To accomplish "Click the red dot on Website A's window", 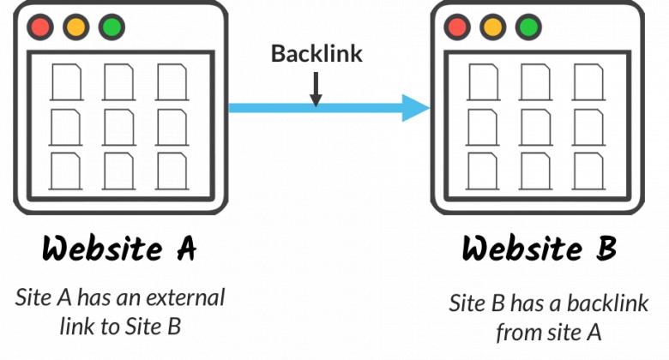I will click(39, 27).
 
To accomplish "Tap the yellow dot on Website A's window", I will click(75, 27).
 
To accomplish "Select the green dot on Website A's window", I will click(111, 27).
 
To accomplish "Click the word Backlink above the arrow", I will click(316, 54).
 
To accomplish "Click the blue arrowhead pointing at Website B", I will click(416, 109).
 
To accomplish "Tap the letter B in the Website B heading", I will click(606, 249).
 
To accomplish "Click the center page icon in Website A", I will click(118, 127).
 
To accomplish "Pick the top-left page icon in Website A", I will click(65, 83).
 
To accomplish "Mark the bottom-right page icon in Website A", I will click(171, 171).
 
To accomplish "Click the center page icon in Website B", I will click(536, 127).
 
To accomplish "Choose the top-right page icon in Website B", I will click(588, 83).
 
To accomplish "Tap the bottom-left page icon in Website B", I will click(484, 171).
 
